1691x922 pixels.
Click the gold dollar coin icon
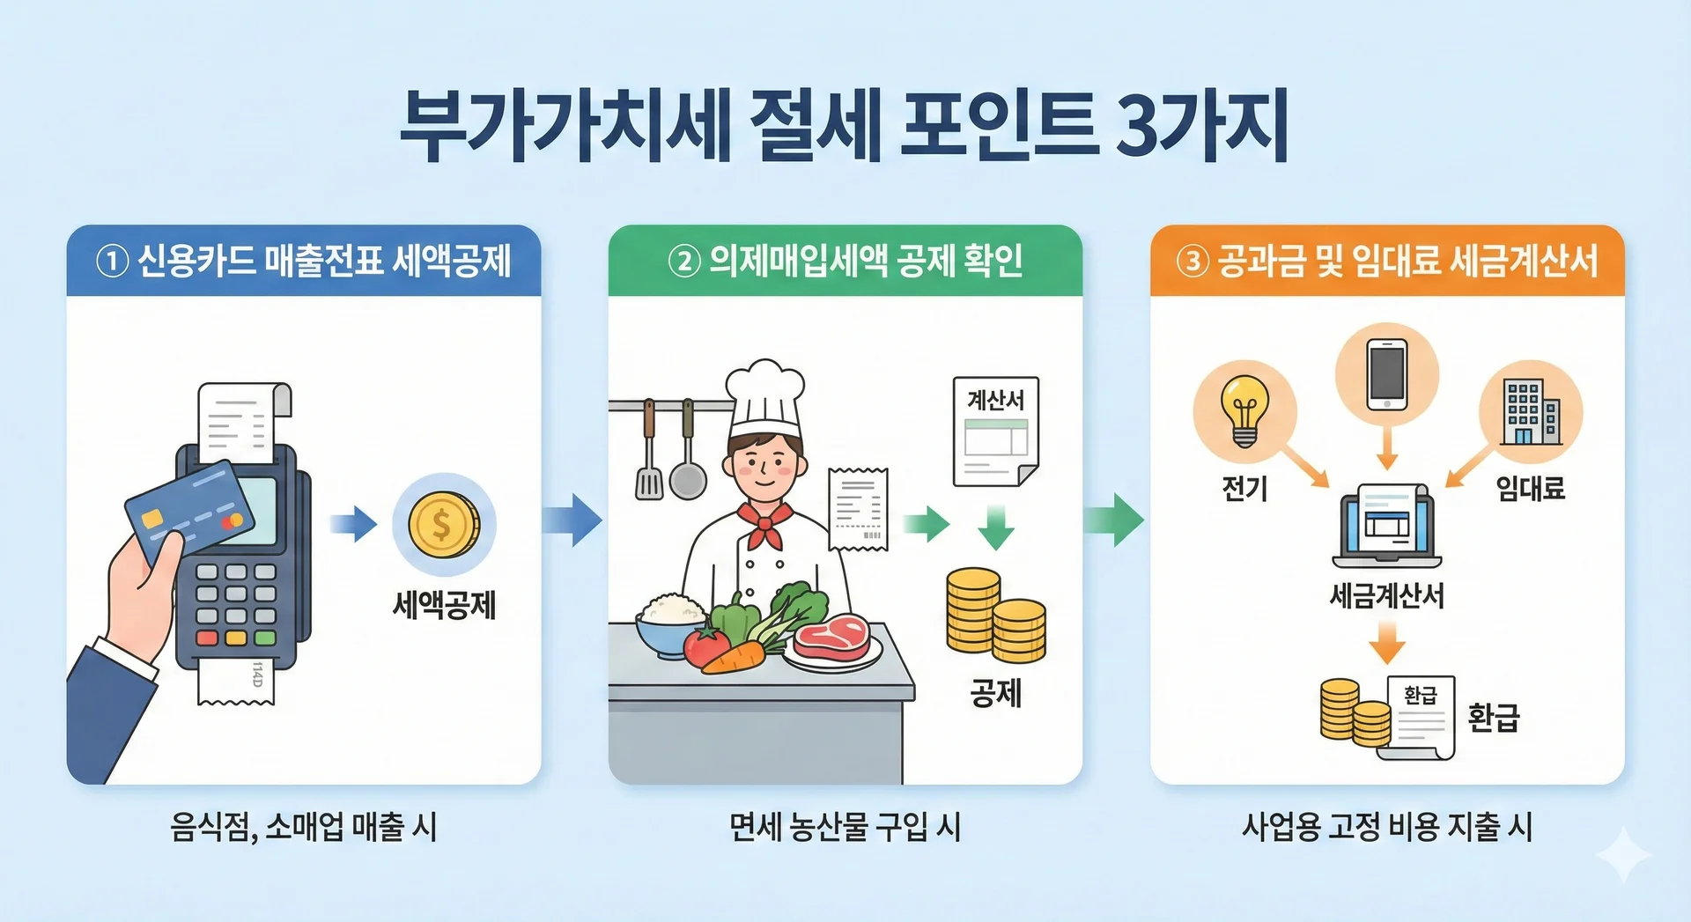[x=444, y=525]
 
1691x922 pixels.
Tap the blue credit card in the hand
[x=189, y=510]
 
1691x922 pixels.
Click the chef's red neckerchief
[x=765, y=525]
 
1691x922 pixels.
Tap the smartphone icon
[x=1387, y=375]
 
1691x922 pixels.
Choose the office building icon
[x=1532, y=411]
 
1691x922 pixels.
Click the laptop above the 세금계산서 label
[x=1387, y=526]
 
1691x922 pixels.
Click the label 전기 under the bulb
[x=1244, y=488]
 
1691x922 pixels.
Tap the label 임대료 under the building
[x=1531, y=488]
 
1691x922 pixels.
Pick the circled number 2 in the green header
[x=684, y=261]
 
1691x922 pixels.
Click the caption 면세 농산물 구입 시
[x=845, y=827]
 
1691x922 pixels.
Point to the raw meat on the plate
[x=832, y=636]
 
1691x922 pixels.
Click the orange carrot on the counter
[x=734, y=658]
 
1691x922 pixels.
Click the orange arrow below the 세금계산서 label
[x=1387, y=642]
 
